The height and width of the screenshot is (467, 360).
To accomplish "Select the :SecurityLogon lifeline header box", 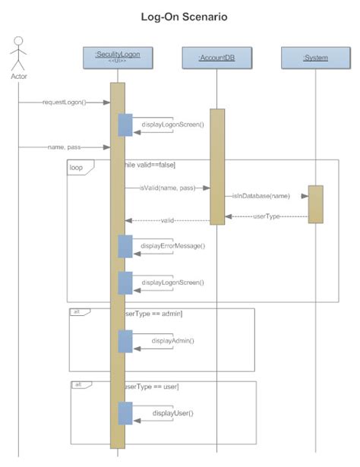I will pyautogui.click(x=118, y=57).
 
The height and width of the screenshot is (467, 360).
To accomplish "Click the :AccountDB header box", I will pyautogui.click(x=217, y=58).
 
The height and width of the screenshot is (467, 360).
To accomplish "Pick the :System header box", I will pyautogui.click(x=315, y=58).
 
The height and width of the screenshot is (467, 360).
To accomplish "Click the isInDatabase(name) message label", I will pyautogui.click(x=262, y=195).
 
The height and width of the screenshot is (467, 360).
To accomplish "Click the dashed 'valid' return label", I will pyautogui.click(x=169, y=220).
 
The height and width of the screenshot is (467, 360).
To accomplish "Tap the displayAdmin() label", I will pyautogui.click(x=172, y=341).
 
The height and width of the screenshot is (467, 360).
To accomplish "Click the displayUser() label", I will pyautogui.click(x=172, y=413).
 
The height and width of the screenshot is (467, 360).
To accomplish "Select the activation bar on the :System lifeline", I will pyautogui.click(x=315, y=204).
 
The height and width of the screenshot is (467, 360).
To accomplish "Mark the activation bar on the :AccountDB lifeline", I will pyautogui.click(x=217, y=166).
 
